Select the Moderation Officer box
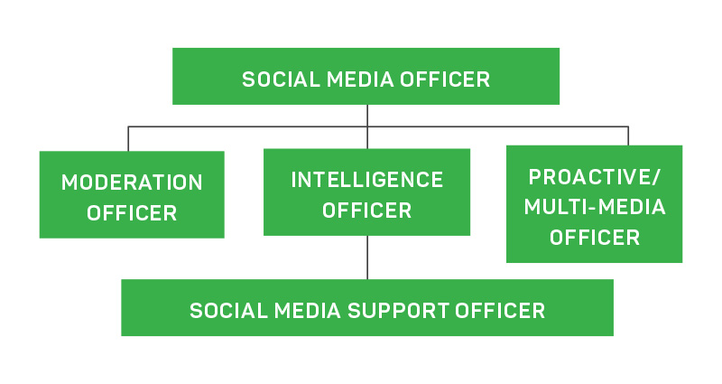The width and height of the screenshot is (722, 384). click(x=132, y=194)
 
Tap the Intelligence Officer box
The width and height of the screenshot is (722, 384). click(x=366, y=192)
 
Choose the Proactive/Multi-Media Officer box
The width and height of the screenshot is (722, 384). click(x=594, y=204)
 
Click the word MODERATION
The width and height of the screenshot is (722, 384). click(x=132, y=183)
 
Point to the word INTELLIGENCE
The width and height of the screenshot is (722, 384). click(x=366, y=180)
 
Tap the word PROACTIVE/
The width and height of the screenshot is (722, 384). click(x=594, y=176)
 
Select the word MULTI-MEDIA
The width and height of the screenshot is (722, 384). click(x=594, y=207)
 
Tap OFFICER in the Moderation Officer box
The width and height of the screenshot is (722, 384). click(x=132, y=214)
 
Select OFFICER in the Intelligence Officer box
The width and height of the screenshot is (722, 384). click(x=366, y=211)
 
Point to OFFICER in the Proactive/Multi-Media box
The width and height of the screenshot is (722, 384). click(x=594, y=238)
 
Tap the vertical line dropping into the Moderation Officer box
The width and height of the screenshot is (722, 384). click(x=128, y=138)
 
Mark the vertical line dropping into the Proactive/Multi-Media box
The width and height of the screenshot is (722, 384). click(x=628, y=136)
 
